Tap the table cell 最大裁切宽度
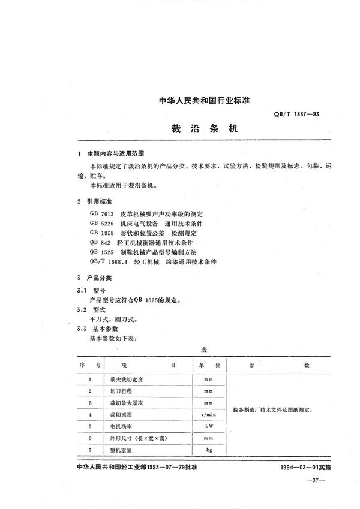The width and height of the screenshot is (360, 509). [x=127, y=379]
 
